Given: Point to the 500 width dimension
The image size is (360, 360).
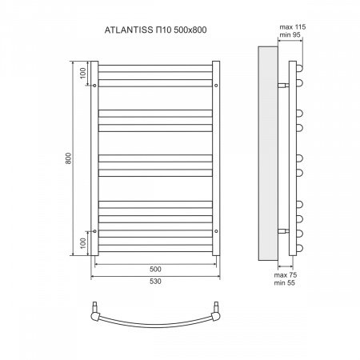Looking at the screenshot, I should [x=156, y=269].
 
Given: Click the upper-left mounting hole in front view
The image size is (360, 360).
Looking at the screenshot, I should [x=95, y=83].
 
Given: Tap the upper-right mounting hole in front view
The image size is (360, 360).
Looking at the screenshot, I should [x=217, y=83].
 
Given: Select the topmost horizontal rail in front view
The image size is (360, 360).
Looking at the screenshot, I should [x=156, y=65].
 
